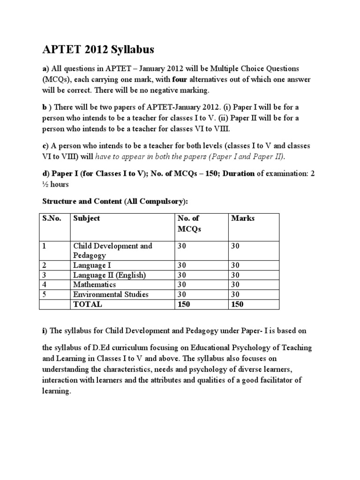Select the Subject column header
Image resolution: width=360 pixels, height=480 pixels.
[x=86, y=219]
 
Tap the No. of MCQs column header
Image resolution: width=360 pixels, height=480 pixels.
[x=188, y=224]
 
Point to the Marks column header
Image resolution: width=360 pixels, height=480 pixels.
[x=243, y=219]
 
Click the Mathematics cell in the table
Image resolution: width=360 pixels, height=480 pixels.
[x=94, y=285]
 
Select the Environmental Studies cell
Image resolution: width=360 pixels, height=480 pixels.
[x=111, y=294]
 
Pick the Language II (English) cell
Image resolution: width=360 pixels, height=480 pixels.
[x=109, y=275]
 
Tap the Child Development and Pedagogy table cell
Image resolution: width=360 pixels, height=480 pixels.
[x=112, y=250]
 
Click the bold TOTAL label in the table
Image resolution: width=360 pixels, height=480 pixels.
[x=88, y=304]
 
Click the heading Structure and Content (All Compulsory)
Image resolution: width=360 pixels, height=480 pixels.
[x=115, y=201]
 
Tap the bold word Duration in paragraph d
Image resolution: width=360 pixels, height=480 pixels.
[x=239, y=173]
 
